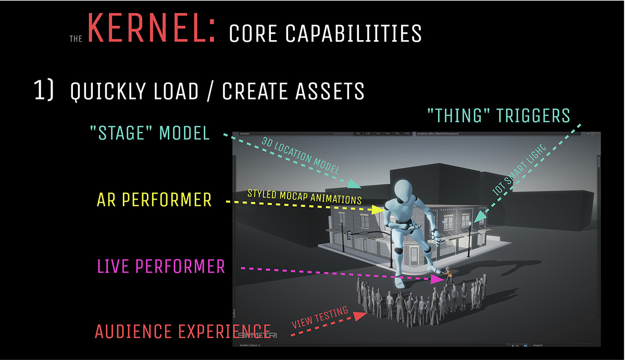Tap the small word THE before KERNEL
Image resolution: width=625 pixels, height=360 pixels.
(x=77, y=39)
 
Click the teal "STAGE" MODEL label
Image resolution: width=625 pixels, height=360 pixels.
(x=149, y=134)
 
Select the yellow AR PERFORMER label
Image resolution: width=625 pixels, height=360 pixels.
(x=154, y=200)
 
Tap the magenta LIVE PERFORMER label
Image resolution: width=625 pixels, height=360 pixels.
(x=161, y=267)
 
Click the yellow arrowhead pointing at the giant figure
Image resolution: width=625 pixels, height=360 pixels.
(x=378, y=209)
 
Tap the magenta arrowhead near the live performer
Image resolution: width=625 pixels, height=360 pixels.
(x=437, y=279)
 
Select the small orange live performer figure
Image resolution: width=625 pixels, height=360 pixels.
(x=448, y=275)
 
